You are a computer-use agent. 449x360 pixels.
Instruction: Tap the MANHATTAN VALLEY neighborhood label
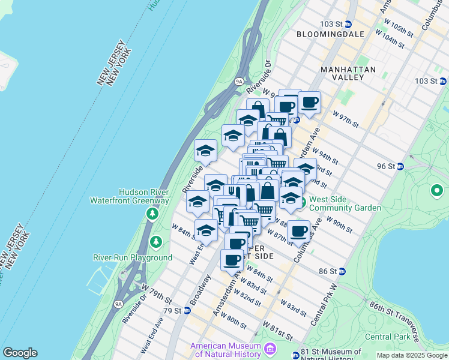pos(348,73)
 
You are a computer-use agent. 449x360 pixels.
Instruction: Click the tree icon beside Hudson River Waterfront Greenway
pos(152,214)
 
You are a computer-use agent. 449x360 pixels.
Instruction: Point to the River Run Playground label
pos(132,257)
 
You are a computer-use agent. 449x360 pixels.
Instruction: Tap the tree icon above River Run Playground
pos(157,241)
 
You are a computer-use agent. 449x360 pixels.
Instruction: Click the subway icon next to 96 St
pos(400,166)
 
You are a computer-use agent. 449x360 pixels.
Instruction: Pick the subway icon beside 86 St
pos(342,271)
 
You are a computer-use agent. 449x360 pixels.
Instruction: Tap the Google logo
pos(20,353)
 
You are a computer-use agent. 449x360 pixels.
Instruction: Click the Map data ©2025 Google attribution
pos(412,355)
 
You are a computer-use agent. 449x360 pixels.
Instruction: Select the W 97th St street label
pos(346,119)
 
